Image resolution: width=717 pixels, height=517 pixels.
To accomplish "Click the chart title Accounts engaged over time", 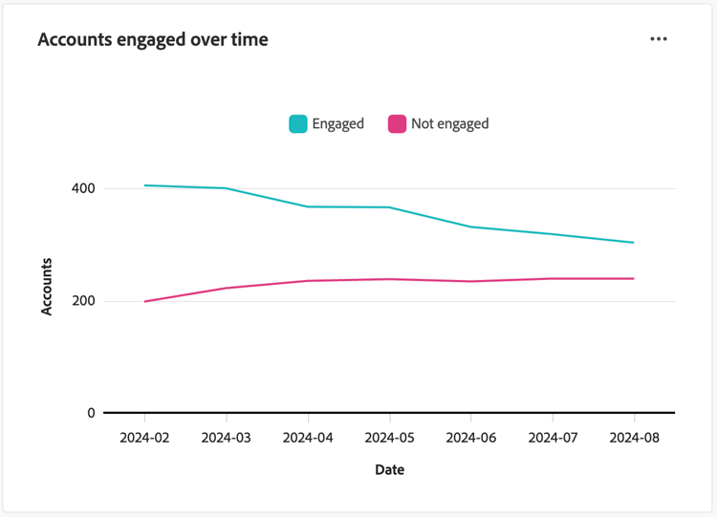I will [x=153, y=40].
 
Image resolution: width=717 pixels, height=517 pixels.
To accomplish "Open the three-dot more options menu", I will [x=659, y=39].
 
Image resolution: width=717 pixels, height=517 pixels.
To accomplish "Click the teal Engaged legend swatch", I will [x=298, y=124].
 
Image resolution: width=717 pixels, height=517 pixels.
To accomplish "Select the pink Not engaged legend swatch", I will [x=397, y=124].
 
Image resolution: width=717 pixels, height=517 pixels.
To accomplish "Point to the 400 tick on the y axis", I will [x=84, y=188].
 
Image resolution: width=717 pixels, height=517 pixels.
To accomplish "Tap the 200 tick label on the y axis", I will [x=84, y=301].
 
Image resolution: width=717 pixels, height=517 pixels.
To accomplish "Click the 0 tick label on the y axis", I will [x=92, y=414].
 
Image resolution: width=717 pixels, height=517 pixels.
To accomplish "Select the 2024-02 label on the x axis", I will [x=144, y=439].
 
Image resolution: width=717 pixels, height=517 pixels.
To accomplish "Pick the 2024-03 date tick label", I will [x=226, y=439].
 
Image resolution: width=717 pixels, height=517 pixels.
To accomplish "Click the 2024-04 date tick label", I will [x=308, y=439].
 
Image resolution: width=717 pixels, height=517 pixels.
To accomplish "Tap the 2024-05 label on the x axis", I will [x=389, y=439].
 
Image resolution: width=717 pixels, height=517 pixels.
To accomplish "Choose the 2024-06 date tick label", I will [x=470, y=439].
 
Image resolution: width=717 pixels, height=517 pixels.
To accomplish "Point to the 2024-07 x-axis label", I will [x=553, y=439].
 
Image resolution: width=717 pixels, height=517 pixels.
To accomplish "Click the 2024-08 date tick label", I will [x=634, y=439].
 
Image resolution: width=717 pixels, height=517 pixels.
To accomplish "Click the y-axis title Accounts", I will [x=47, y=286].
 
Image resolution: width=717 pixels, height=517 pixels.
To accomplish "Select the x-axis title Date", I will [x=389, y=470].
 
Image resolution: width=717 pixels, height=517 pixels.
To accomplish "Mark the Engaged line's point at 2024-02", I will [x=144, y=185].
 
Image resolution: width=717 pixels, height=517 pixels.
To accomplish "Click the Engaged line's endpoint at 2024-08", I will [x=634, y=243].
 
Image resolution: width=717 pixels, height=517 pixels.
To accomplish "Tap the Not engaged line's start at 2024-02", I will [x=144, y=302].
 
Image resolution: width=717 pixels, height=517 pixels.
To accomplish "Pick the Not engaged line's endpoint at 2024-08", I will [x=634, y=279].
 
